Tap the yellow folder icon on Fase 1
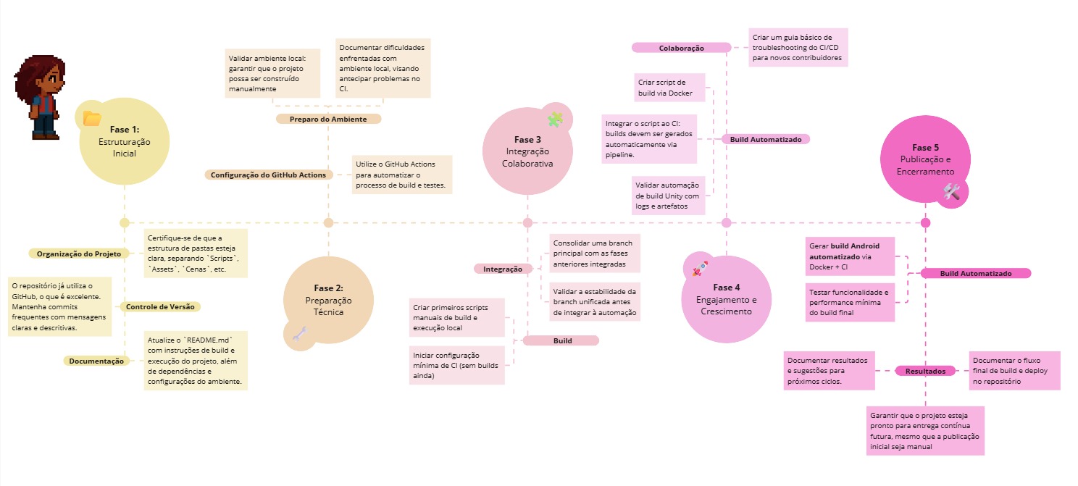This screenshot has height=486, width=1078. [92, 118]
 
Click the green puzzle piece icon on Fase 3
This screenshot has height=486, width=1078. [556, 119]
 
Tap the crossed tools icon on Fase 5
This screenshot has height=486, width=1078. [951, 191]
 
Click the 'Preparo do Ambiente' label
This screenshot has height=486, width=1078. [328, 119]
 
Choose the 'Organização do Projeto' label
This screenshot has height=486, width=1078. [79, 254]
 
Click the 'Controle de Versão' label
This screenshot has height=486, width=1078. [160, 306]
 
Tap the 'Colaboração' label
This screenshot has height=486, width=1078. [681, 48]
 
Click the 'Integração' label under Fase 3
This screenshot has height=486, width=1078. [503, 269]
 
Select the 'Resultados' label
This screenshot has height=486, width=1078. [925, 371]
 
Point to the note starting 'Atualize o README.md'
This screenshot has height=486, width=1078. [196, 360]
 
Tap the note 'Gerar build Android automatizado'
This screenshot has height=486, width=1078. [850, 256]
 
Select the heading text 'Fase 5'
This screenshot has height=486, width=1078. [925, 148]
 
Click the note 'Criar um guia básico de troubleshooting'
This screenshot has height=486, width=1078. [797, 48]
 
